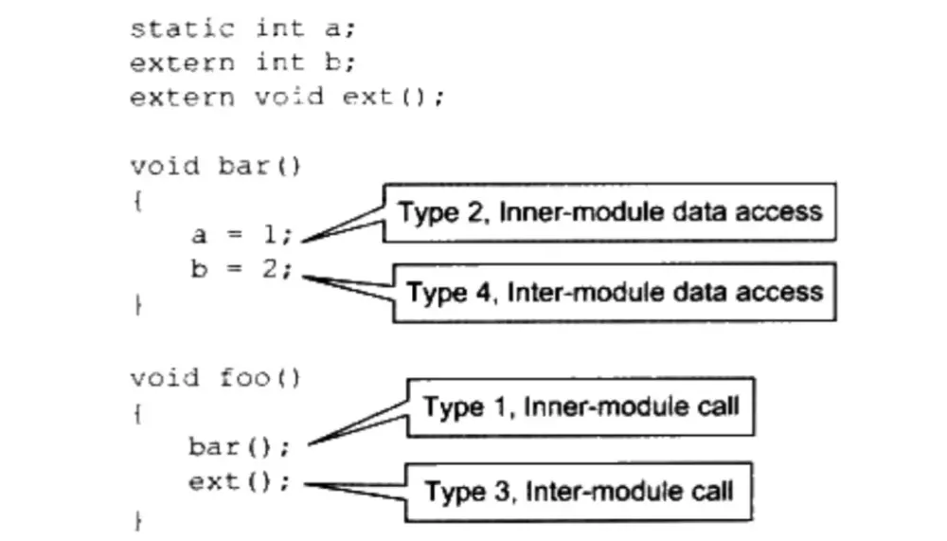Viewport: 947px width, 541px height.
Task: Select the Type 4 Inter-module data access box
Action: coord(614,291)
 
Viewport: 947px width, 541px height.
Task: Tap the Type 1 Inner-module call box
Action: coord(580,406)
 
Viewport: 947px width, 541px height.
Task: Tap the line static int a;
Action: coord(241,27)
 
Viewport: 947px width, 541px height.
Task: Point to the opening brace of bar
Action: coord(137,202)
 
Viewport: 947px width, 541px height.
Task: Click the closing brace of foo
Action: coord(137,520)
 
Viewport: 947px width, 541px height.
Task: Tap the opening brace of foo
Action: coord(137,414)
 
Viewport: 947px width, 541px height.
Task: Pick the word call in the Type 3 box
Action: coord(709,491)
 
